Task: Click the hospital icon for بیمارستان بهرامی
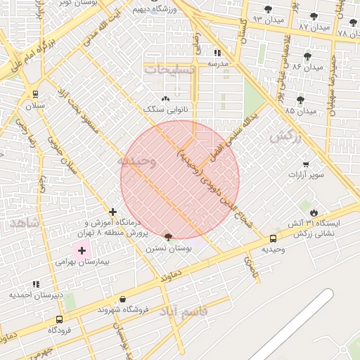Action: coord(82,250)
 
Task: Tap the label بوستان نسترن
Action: coord(165,248)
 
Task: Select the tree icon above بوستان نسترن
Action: coord(167,237)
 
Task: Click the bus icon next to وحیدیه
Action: coord(273,238)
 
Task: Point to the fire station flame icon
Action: coord(314,212)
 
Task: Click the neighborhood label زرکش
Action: coord(285,136)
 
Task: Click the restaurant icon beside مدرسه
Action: coord(217,53)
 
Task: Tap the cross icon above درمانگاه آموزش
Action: coord(112,212)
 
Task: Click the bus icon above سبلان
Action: coord(35,94)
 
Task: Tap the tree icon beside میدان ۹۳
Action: coord(268,9)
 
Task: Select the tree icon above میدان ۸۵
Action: coord(300,100)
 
